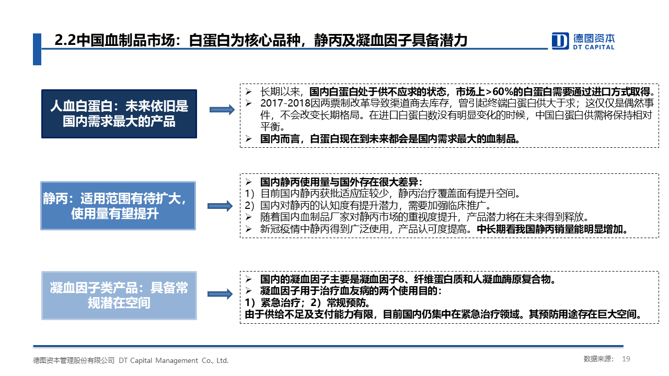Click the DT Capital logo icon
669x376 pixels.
tap(560, 41)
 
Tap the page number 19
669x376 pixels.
tap(626, 359)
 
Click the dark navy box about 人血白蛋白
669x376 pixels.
tap(119, 114)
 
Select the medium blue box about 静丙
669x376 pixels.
tap(118, 206)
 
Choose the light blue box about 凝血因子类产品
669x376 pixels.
tap(119, 296)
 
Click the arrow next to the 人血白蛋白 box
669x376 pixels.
tap(222, 110)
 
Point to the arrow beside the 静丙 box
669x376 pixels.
tap(220, 206)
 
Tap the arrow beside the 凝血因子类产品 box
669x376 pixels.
tap(220, 294)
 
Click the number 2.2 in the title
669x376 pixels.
tap(65, 40)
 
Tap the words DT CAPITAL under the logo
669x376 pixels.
tap(594, 47)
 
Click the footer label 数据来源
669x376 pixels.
tap(598, 359)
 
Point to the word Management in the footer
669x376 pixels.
tap(177, 360)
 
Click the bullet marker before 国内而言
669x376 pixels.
tap(248, 139)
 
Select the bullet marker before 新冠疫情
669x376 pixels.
tap(248, 229)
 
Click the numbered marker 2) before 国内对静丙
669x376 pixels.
tap(249, 206)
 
